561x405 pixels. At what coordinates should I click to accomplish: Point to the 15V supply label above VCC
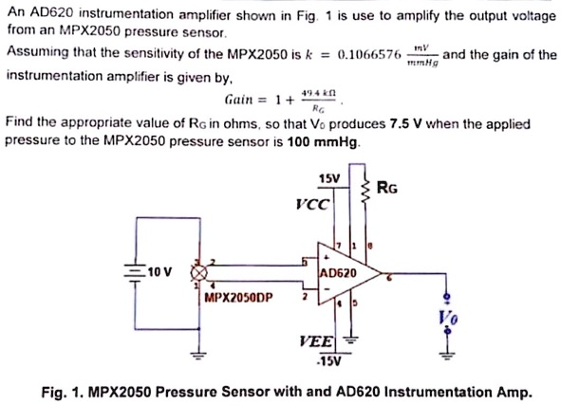(329, 178)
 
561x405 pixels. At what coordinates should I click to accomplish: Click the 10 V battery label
(161, 272)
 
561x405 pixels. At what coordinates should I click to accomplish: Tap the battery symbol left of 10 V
(136, 272)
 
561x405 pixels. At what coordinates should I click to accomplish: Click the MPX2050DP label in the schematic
(238, 297)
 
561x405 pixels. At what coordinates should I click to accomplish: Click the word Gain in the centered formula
(240, 99)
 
